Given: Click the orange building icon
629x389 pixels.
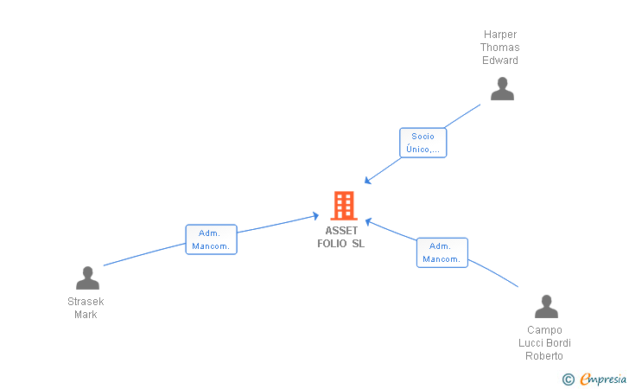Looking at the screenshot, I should [x=344, y=206].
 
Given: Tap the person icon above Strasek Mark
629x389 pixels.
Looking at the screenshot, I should [x=87, y=278].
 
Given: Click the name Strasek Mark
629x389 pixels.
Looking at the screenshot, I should [x=86, y=308].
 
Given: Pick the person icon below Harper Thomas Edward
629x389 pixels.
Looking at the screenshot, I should [x=502, y=89].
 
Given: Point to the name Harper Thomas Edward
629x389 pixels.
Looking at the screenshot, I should [x=500, y=48].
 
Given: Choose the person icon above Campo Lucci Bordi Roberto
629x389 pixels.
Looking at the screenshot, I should [x=546, y=307].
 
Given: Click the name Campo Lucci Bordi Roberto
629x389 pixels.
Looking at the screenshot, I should [x=544, y=342].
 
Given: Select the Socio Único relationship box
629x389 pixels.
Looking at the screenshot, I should [x=423, y=143].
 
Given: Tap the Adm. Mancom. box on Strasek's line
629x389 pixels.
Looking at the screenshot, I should [x=211, y=239].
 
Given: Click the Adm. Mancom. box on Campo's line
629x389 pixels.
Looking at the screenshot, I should [x=442, y=252].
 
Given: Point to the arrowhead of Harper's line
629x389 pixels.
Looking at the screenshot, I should [x=367, y=182].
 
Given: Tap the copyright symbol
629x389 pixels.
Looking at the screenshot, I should [x=568, y=379].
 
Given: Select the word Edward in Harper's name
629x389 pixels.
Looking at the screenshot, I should [x=500, y=61].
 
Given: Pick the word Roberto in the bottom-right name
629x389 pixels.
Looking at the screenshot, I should [x=544, y=355].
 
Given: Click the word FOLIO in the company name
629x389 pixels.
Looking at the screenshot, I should [x=334, y=243].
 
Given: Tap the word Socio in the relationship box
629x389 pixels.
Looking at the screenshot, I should [x=423, y=136].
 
